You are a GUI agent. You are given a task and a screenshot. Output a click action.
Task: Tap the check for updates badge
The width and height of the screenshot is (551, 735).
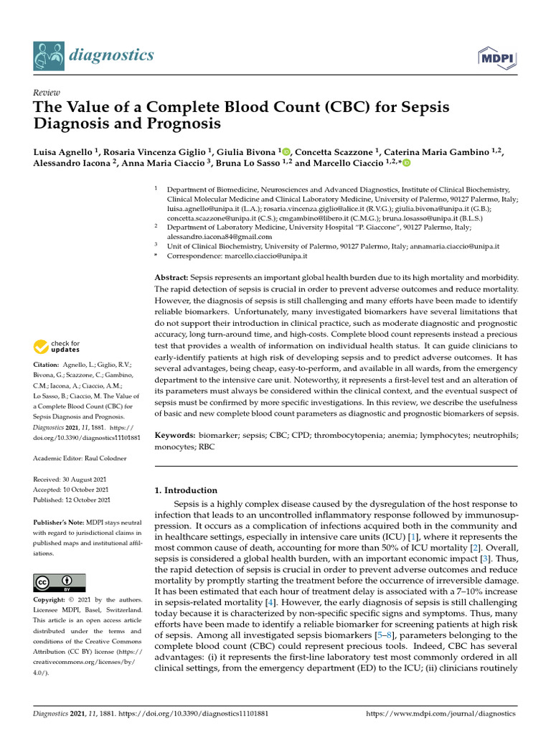click(59, 347)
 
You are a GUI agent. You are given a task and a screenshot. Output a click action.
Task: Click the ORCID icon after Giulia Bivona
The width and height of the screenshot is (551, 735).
click(286, 151)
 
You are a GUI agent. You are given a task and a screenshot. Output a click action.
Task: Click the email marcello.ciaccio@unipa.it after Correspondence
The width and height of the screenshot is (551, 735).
click(262, 256)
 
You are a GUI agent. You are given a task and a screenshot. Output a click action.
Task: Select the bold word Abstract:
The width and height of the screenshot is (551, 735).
click(171, 277)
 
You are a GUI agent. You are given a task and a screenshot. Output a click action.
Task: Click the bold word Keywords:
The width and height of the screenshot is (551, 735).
click(175, 436)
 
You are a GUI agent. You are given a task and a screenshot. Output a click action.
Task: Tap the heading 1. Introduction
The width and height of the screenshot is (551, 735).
click(186, 490)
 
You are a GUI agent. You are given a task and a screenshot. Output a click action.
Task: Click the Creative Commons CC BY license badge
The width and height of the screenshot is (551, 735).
click(59, 582)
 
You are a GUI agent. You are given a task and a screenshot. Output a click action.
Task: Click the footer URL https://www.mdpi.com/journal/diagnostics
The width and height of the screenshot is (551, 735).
click(441, 714)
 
